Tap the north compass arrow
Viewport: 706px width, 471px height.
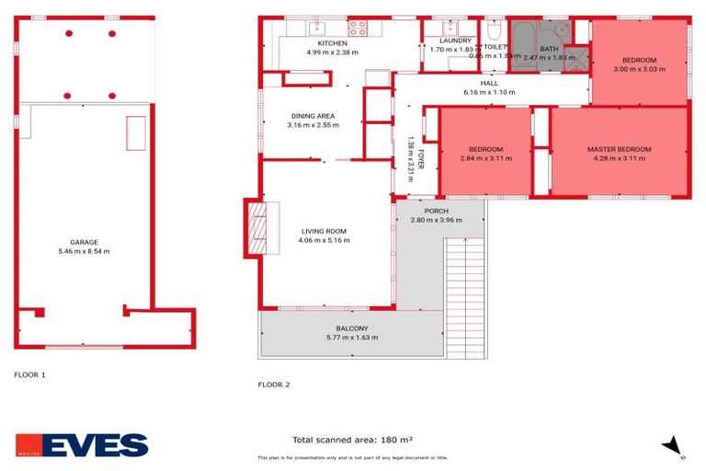(674, 446)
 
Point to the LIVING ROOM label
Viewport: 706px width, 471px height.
(324, 231)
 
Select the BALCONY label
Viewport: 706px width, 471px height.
(351, 328)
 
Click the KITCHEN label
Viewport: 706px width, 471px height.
(332, 43)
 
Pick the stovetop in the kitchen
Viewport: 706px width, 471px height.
(357, 29)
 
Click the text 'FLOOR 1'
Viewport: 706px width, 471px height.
(29, 374)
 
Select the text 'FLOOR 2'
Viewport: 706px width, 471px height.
(274, 384)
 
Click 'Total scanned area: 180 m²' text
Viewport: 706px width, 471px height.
(352, 440)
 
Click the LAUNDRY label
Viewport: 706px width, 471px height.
(455, 40)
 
